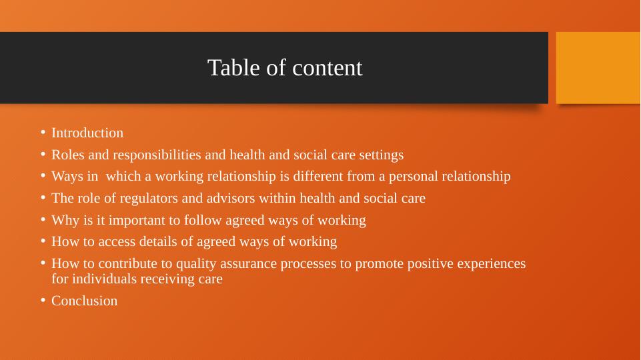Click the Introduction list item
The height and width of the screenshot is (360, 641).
click(87, 133)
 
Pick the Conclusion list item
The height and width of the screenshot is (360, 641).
click(85, 301)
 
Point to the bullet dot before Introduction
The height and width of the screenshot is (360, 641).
click(42, 133)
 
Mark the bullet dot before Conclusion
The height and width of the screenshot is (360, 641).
click(42, 301)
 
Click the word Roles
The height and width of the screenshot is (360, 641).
click(67, 155)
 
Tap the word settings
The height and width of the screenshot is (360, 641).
click(381, 155)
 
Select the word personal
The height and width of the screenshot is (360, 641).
click(408, 177)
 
